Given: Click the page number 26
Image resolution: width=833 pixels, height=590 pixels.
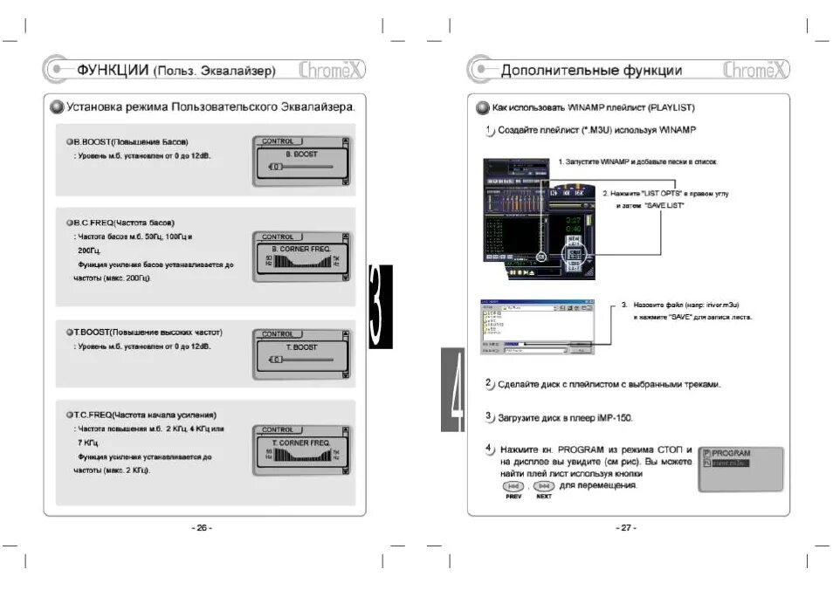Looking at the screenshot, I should [202, 527].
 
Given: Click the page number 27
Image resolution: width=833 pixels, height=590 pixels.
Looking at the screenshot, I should [626, 527].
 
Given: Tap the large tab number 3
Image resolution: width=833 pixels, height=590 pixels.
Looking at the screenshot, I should [380, 306].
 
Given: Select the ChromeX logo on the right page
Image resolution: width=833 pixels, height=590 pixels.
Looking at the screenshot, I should [755, 70].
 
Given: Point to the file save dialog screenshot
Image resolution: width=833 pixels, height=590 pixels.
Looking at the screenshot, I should [536, 325].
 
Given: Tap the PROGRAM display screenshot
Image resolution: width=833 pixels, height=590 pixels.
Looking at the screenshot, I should [740, 458].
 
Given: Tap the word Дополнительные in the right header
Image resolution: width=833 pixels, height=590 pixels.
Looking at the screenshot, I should [560, 70].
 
